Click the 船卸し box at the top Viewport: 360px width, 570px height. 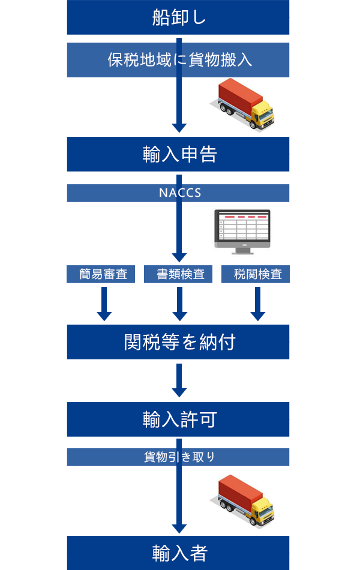[x=178, y=17]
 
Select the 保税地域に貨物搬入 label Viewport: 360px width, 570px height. [x=178, y=61]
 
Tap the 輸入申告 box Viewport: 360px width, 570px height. [x=178, y=155]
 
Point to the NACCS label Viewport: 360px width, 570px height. [x=178, y=193]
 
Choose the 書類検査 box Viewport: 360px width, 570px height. [x=178, y=275]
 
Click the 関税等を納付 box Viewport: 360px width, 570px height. [x=178, y=342]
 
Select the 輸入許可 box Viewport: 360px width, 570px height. [x=178, y=419]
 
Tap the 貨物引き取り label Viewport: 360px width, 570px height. [x=178, y=457]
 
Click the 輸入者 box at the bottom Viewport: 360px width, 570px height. [x=178, y=553]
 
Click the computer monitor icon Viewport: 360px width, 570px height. [x=242, y=228]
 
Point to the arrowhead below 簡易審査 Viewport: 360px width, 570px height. [x=104, y=315]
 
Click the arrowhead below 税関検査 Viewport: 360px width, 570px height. [x=258, y=315]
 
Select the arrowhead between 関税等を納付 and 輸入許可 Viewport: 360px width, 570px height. [x=179, y=392]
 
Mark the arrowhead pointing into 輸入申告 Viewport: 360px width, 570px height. [x=179, y=127]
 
